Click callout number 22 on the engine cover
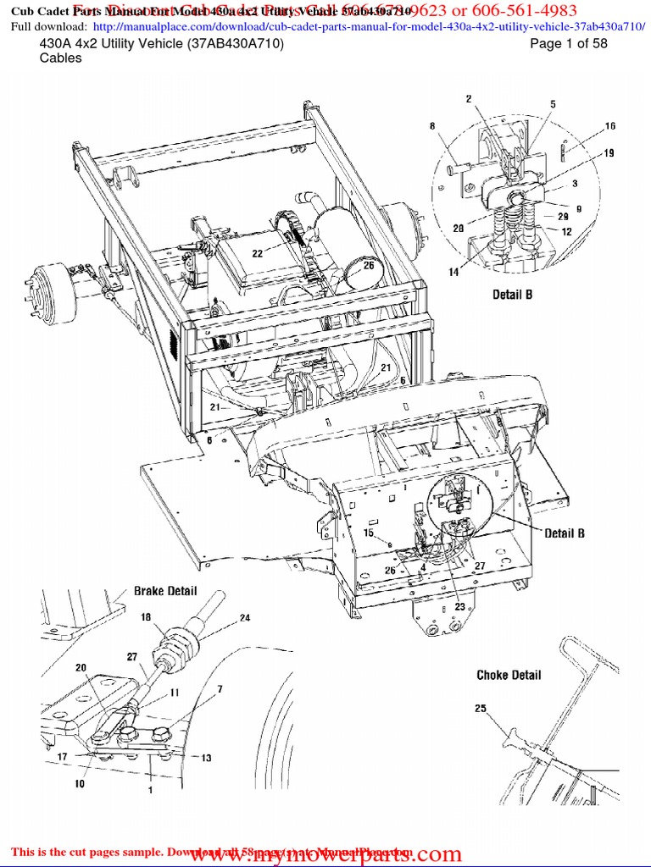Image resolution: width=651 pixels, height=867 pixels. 256,253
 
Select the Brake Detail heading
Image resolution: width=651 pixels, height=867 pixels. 165,590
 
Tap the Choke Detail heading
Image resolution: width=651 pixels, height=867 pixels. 509,675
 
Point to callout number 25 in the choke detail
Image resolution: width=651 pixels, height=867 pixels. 481,709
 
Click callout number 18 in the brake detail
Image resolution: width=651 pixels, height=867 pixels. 145,619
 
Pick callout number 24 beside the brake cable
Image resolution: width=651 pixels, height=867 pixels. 244,618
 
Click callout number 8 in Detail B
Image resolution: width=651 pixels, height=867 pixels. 432,126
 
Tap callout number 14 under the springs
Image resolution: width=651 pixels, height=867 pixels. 453,272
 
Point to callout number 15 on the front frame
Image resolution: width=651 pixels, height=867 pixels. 368,533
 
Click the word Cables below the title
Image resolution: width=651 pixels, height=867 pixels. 61,58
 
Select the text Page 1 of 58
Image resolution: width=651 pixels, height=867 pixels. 568,44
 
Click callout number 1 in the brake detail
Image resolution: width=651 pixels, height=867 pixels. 150,790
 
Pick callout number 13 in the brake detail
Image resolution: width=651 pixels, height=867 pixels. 206,758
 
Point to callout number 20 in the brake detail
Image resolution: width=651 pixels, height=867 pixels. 81,668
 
